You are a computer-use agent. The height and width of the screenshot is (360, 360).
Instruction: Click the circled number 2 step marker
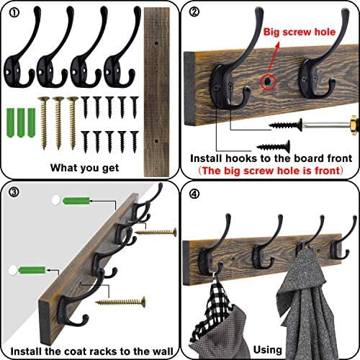click(192, 12)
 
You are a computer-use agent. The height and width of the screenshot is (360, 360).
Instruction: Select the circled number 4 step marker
click(192, 192)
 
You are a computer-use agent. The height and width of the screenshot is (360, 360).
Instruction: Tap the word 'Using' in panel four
click(267, 348)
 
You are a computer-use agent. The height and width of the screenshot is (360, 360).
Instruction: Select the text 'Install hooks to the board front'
click(270, 158)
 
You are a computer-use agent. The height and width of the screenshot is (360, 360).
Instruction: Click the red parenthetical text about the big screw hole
click(270, 171)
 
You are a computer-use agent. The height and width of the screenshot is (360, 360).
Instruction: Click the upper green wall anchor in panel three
click(82, 201)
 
